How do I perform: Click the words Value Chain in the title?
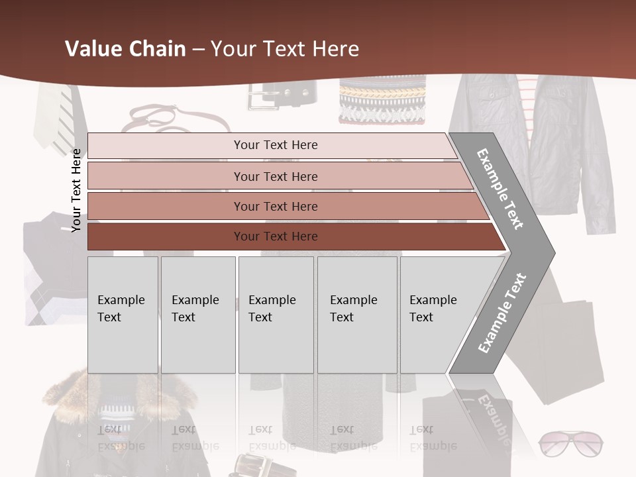click(x=125, y=49)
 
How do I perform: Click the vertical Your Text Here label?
click(x=76, y=190)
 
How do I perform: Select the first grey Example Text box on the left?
click(x=123, y=314)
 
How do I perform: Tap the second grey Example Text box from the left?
click(x=198, y=314)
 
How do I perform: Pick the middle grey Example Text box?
click(x=276, y=314)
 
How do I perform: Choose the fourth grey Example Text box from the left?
click(x=357, y=314)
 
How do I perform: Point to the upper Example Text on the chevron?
click(x=501, y=188)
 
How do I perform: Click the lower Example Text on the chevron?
click(x=502, y=313)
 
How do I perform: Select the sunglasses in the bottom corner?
click(x=570, y=444)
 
